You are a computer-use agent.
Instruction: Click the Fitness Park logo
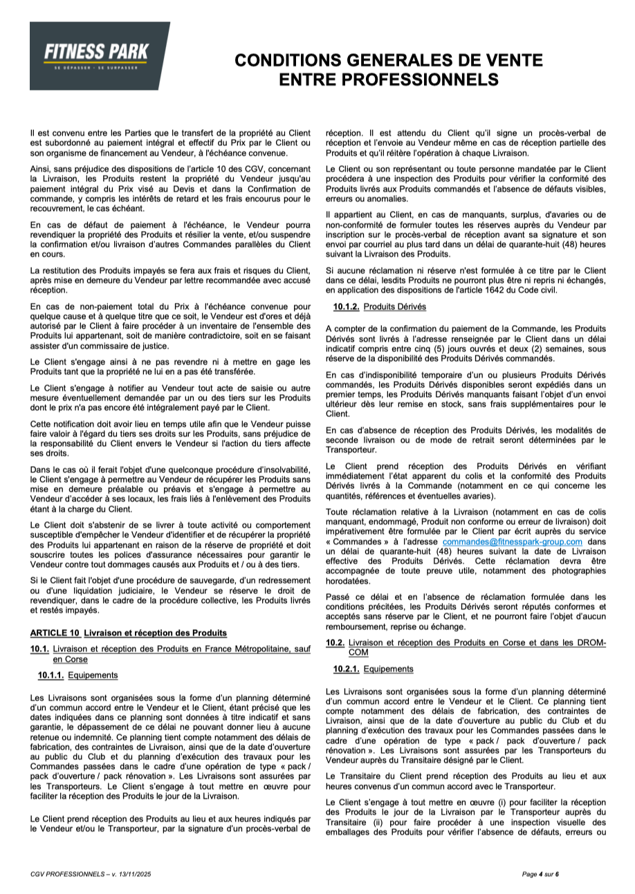coord(100,53)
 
